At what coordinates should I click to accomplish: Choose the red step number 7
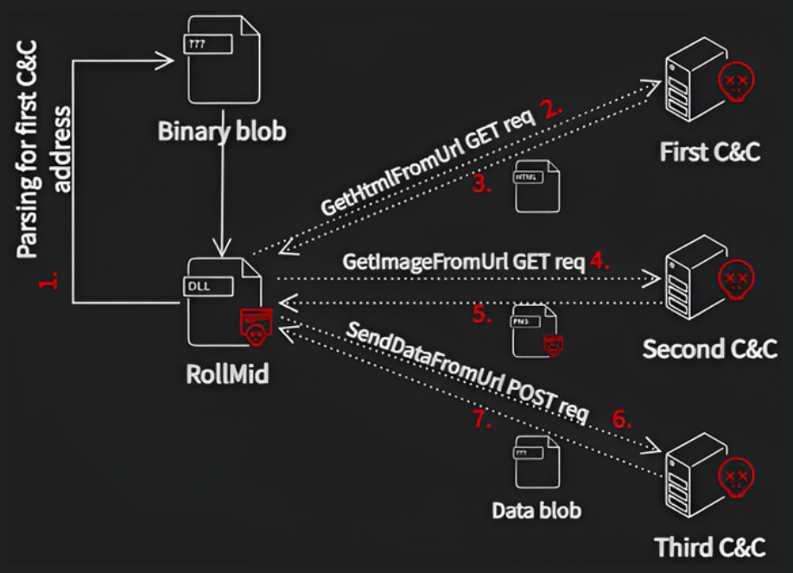pos(482,419)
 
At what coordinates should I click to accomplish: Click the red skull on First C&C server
pos(736,80)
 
